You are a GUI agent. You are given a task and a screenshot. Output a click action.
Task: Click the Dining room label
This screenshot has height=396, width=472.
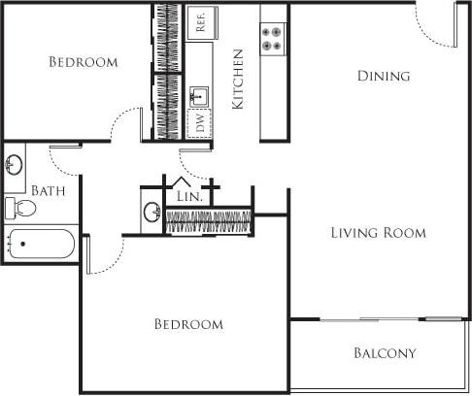[383, 76]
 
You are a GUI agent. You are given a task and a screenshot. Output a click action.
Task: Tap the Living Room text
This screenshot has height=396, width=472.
[378, 233]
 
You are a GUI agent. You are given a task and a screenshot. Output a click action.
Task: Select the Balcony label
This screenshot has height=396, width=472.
[385, 353]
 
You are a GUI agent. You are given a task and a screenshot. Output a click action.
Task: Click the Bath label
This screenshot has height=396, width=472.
[48, 190]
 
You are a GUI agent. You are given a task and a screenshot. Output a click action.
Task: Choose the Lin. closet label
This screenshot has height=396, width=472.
[188, 196]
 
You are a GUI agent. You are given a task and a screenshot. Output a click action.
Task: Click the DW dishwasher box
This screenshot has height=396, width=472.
[200, 123]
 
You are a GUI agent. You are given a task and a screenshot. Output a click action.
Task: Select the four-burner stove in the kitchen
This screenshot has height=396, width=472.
[273, 38]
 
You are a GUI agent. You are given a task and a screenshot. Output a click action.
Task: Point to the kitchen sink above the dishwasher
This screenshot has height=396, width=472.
[200, 94]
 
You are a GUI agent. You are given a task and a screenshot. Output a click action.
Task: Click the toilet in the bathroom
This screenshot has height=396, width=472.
[19, 208]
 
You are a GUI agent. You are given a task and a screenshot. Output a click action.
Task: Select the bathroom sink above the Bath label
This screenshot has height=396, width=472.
[15, 162]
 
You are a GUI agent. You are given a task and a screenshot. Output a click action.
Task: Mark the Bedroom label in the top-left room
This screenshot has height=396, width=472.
[84, 62]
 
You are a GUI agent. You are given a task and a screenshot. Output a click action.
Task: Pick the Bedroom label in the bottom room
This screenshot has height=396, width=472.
[188, 324]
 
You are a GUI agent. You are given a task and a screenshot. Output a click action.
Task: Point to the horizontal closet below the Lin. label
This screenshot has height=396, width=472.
[209, 221]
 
